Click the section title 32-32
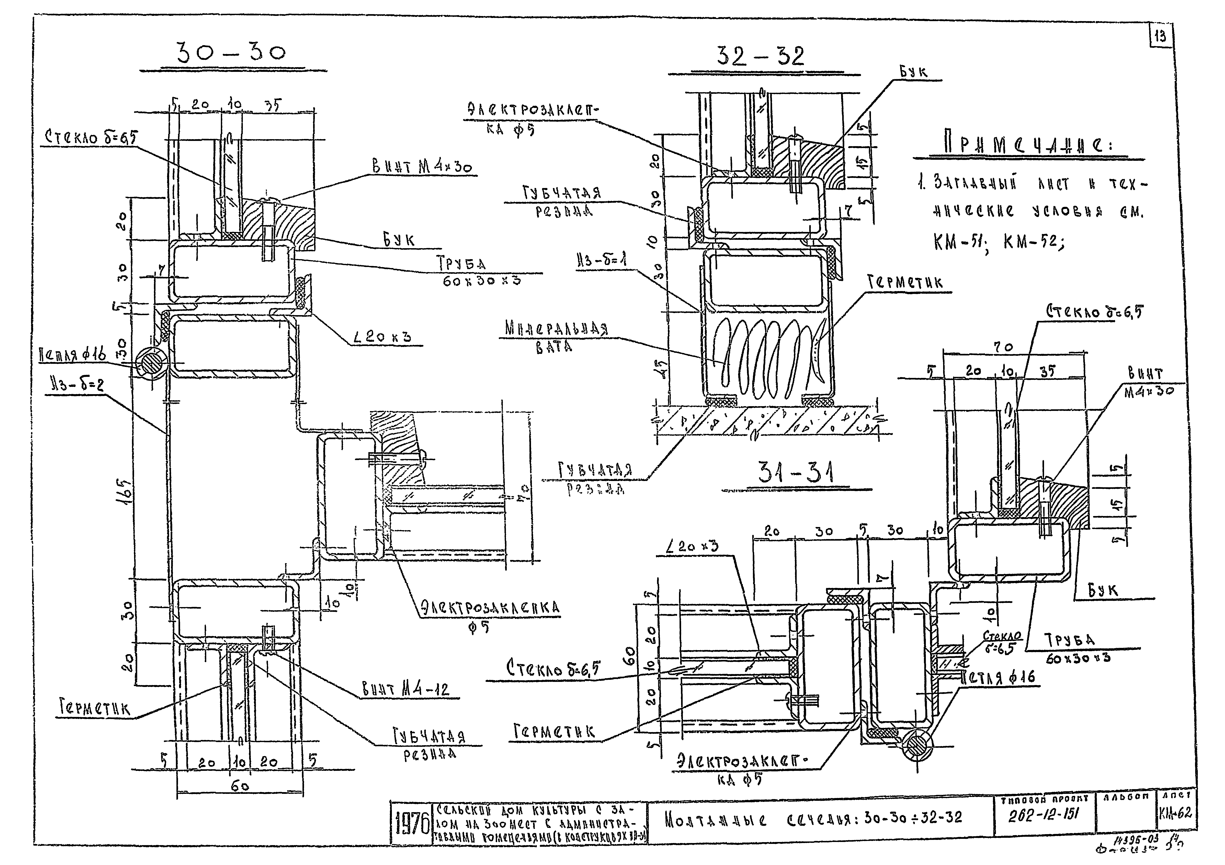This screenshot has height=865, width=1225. point(760,56)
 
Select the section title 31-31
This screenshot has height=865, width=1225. point(796,473)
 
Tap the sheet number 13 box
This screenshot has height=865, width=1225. point(1160,36)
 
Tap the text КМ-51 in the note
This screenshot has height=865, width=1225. point(959,242)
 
